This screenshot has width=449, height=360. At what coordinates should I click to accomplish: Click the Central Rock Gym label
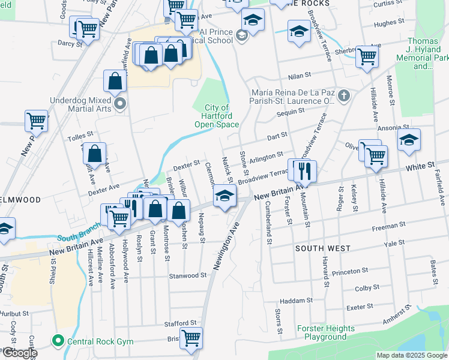[100, 342]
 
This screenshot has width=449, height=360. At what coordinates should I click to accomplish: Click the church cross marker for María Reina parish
[343, 95]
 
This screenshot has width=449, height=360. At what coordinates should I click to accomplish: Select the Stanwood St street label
[187, 276]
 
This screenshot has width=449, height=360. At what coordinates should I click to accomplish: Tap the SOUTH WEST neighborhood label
[317, 248]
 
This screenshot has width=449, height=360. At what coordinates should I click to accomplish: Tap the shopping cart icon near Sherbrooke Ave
[366, 58]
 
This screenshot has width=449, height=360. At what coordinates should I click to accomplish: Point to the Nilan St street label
[300, 76]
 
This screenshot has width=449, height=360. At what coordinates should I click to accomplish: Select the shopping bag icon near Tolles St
[95, 154]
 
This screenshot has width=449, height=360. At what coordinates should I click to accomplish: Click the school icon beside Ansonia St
[409, 140]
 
